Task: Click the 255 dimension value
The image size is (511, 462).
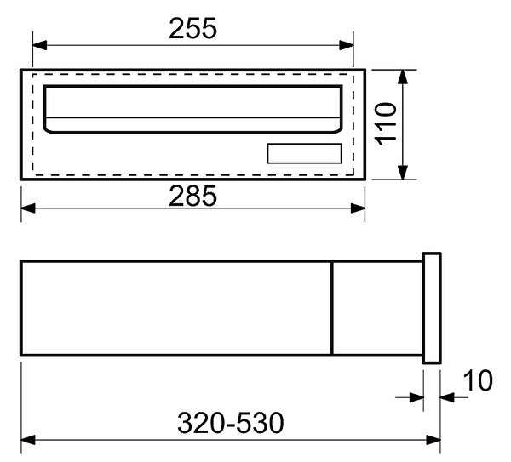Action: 192,28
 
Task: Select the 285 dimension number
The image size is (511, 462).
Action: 192,196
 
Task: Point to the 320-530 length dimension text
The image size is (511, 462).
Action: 231,423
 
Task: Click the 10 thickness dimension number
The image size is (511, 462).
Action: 478,380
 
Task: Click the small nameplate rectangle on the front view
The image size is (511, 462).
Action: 304,153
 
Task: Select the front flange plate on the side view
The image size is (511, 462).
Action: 432,308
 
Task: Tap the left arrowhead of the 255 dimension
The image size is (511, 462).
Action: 39,45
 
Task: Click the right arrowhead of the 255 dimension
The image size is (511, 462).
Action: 346,45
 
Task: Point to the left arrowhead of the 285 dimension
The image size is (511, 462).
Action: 28,208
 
